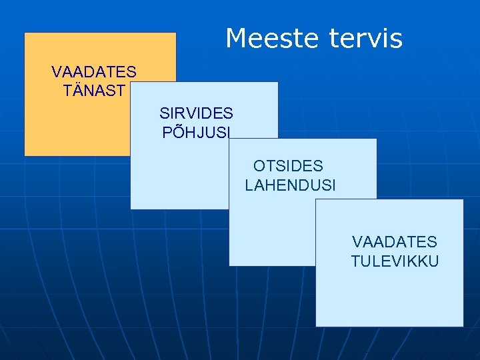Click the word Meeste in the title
(273, 39)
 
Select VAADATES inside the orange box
(94, 72)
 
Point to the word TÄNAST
(94, 91)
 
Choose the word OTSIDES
(288, 166)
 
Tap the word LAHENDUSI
(290, 185)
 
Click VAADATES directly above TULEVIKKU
(395, 242)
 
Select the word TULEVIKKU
(395, 261)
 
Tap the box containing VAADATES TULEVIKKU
(390, 293)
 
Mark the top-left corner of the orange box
(25, 33)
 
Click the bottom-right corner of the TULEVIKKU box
(463, 326)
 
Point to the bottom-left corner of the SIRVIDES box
(131, 209)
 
